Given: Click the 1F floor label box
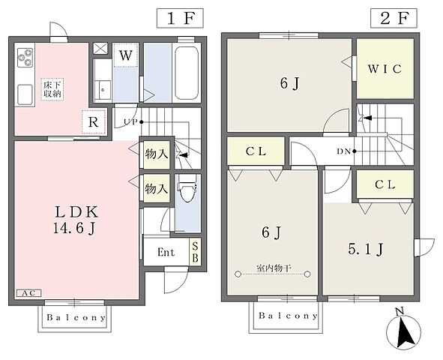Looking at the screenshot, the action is [x=180, y=18].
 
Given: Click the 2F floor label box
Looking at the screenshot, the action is [x=394, y=18].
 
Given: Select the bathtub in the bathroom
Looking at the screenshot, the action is [x=186, y=73].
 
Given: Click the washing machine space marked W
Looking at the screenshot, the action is [x=125, y=55].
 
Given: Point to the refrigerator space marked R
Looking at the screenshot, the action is [x=94, y=121].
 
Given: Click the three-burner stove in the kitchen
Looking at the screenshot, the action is [x=25, y=58].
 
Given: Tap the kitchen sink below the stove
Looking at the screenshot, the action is [x=25, y=94].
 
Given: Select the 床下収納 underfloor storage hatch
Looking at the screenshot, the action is [x=52, y=89].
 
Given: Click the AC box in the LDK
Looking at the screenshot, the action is [x=29, y=293].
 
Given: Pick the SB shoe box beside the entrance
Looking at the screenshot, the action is [x=195, y=252].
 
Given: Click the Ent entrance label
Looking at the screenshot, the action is [x=166, y=252].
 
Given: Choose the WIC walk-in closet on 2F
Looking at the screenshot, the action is [x=385, y=69].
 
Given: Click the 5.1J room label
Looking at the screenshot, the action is [x=366, y=250].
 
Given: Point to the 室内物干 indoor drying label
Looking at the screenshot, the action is [x=274, y=268].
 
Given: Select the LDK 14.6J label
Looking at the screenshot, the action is [x=76, y=220].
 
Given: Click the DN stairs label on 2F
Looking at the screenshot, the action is [x=343, y=151].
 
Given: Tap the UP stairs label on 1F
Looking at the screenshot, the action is [x=131, y=122].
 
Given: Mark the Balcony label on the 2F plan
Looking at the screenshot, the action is [x=288, y=315].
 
